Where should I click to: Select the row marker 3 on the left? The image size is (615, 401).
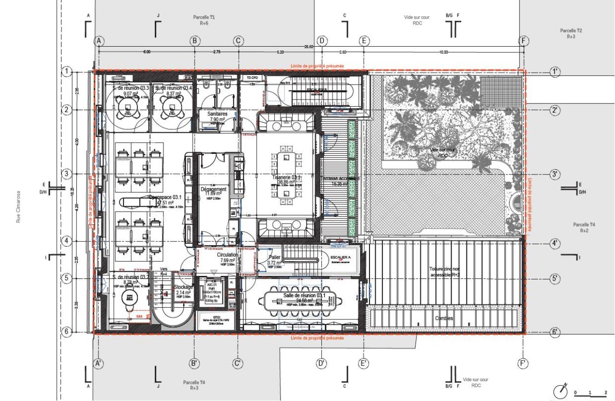[x=67, y=174]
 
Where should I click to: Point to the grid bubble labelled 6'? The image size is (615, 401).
[x=555, y=332]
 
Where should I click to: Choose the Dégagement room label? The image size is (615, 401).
[x=213, y=189]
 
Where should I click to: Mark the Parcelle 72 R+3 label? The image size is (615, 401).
[x=571, y=33]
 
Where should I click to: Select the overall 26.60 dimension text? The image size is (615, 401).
[x=308, y=47]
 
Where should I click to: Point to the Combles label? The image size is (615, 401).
[x=444, y=318]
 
